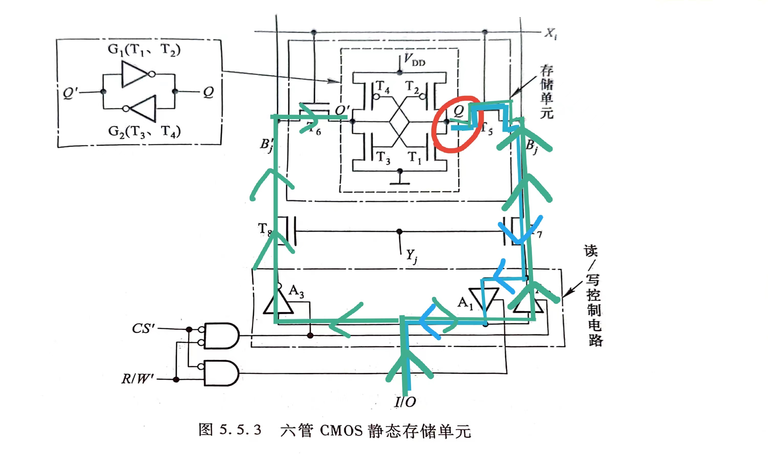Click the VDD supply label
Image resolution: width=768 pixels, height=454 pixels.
pyautogui.click(x=414, y=59)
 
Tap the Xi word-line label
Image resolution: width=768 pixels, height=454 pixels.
pyautogui.click(x=551, y=33)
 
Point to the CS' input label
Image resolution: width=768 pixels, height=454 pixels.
pyautogui.click(x=143, y=329)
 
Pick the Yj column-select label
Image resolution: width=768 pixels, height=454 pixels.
pyautogui.click(x=412, y=256)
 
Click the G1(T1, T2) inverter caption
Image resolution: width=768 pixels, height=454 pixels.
pyautogui.click(x=144, y=50)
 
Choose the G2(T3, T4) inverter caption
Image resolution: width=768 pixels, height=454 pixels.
pyautogui.click(x=144, y=132)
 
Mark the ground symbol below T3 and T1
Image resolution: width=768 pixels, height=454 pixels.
pyautogui.click(x=399, y=182)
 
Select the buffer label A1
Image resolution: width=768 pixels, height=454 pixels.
pyautogui.click(x=465, y=303)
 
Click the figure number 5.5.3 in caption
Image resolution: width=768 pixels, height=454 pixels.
pyautogui.click(x=240, y=430)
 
